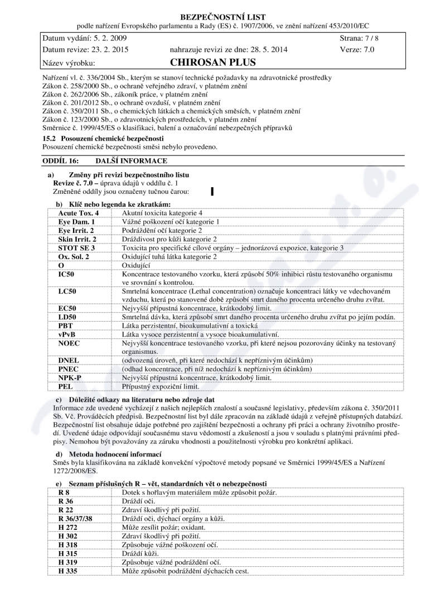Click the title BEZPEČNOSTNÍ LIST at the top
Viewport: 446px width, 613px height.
click(x=223, y=17)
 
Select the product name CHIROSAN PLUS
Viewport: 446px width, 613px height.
click(x=210, y=63)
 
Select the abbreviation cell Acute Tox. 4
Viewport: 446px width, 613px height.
click(x=78, y=213)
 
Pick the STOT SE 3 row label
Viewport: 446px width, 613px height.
click(x=76, y=247)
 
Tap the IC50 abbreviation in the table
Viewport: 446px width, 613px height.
click(x=66, y=274)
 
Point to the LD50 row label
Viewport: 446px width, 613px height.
click(x=67, y=317)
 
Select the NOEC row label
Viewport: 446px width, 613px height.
click(x=69, y=343)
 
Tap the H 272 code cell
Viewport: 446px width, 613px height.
click(x=67, y=527)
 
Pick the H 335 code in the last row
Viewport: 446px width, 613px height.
click(x=67, y=571)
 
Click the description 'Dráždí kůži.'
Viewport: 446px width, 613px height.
click(x=140, y=553)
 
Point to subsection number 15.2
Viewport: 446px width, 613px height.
click(x=49, y=138)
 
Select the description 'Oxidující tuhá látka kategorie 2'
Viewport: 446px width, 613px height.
click(x=169, y=256)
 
